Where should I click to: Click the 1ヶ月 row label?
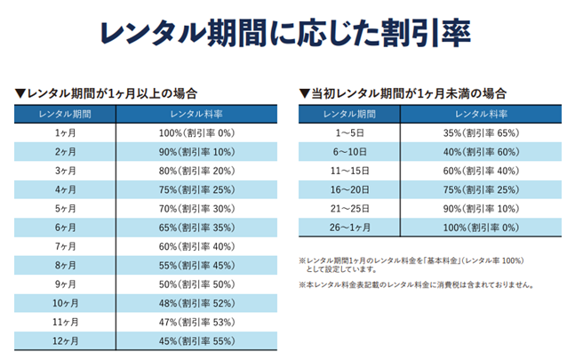coord(65,132)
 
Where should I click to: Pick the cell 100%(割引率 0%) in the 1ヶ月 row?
coord(196,132)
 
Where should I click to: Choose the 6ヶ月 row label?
coord(65,227)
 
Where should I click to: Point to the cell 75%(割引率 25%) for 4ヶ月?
coord(196,188)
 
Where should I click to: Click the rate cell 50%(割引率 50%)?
coord(196,284)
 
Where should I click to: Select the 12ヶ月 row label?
coord(65,340)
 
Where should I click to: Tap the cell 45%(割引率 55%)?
coord(196,340)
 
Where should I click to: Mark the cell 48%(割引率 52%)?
coord(196,302)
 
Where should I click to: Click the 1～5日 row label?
coord(349,132)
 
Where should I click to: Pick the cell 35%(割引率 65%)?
coord(481,132)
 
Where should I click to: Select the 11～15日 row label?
coord(349,170)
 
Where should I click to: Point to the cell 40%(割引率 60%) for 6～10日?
coord(481,151)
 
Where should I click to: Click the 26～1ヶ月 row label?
coord(349,227)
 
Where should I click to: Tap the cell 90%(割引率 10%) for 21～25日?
coord(481,208)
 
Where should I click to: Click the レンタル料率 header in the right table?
coord(481,113)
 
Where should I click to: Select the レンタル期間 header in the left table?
coord(65,113)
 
